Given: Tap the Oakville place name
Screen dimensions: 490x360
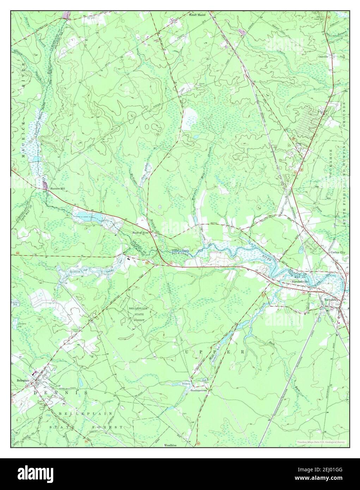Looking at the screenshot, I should click(x=323, y=56).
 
